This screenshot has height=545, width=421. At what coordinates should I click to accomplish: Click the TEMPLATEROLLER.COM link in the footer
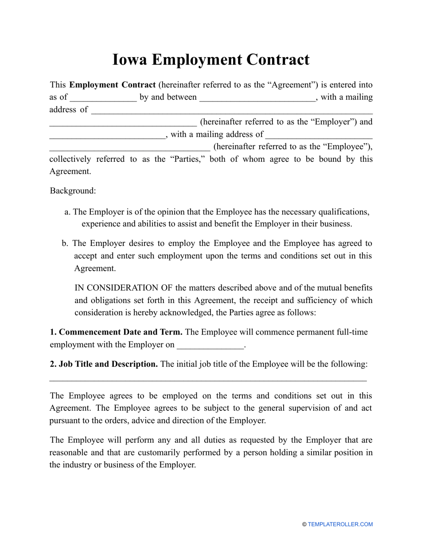tap(340, 525)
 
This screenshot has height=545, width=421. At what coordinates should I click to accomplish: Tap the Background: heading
tap(73, 191)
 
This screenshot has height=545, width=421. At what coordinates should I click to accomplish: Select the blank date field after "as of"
tap(103, 97)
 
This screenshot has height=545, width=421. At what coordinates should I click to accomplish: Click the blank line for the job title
tap(208, 380)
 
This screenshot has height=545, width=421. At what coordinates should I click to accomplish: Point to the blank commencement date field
tap(210, 345)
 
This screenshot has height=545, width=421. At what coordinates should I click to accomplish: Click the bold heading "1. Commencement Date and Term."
tap(116, 332)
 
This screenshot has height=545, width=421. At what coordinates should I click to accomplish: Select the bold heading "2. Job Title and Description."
tap(104, 364)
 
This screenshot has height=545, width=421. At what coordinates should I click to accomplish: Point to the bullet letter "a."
tap(67, 212)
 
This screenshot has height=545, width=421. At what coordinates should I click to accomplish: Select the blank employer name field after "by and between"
tap(257, 97)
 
